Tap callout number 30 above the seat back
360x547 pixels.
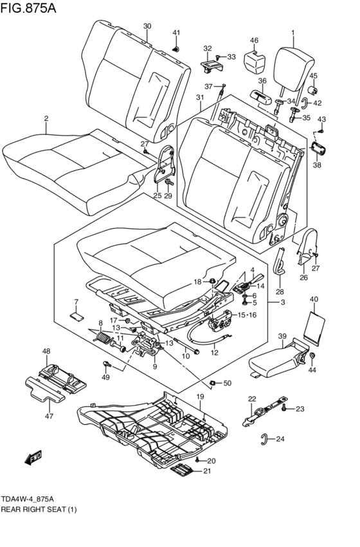[147, 26]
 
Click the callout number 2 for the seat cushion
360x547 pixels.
[46, 118]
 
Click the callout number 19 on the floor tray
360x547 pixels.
[200, 397]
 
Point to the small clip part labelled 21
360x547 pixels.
[182, 472]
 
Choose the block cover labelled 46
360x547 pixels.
[256, 60]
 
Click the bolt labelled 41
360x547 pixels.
[177, 48]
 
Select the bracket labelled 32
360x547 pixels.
[210, 64]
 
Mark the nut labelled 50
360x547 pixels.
[212, 384]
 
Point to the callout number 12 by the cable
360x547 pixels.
[215, 352]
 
